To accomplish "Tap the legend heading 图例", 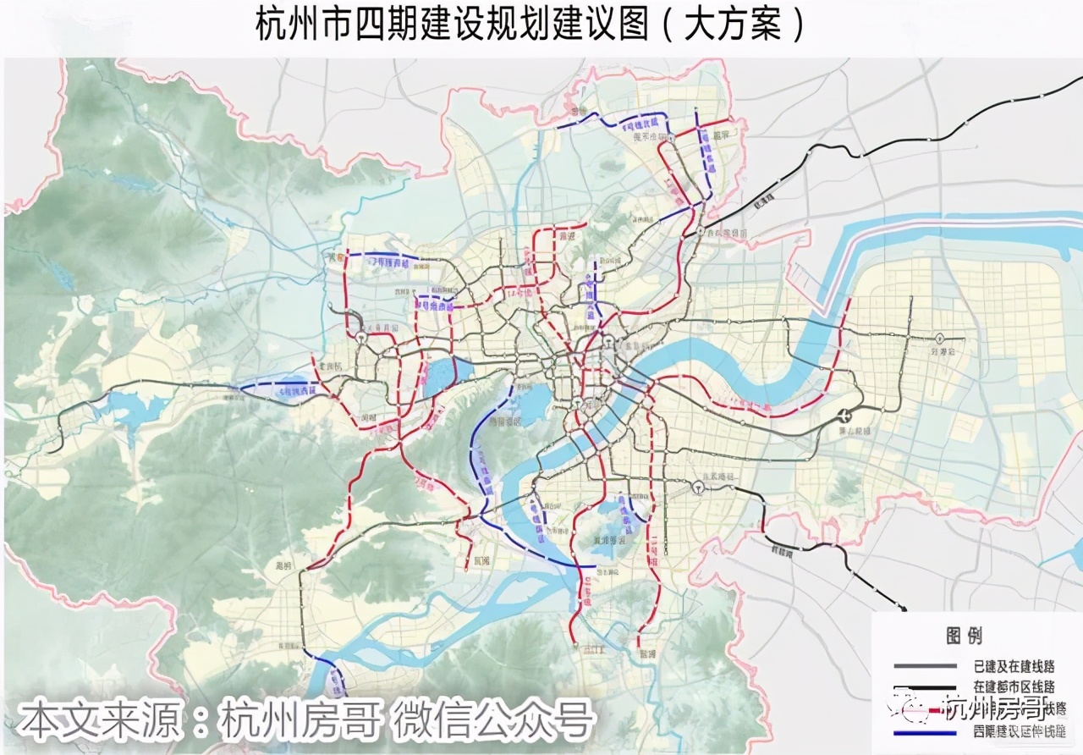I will (x=963, y=636).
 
